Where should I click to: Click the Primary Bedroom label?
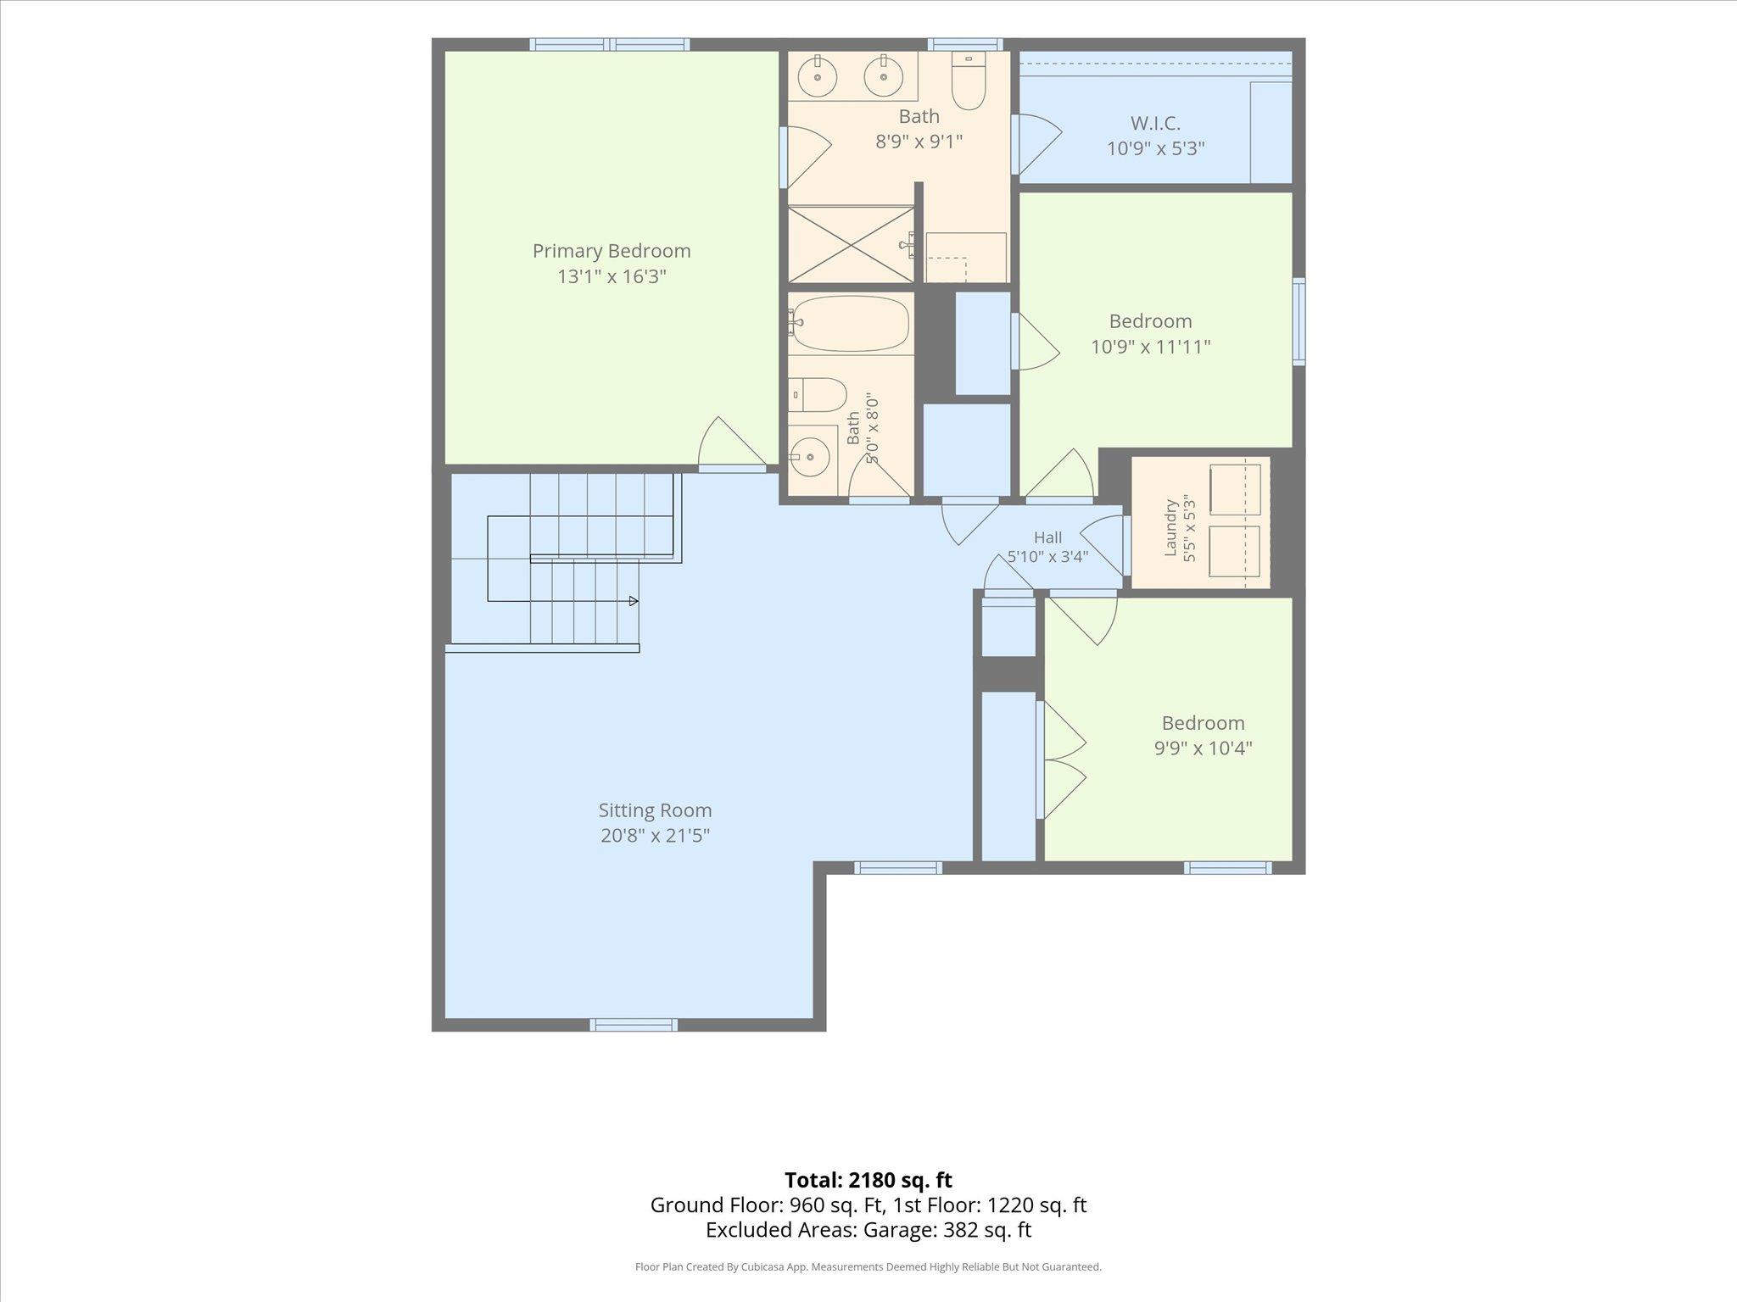coord(612,251)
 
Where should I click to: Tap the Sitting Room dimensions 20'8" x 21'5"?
coord(655,836)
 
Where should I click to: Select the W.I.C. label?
coord(1155,124)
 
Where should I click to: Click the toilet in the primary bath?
coord(968,80)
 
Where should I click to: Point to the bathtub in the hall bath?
coord(849,323)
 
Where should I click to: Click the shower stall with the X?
coord(851,244)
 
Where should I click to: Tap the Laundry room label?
coord(1171,527)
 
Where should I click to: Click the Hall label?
coord(1047,537)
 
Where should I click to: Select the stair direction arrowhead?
coord(634,601)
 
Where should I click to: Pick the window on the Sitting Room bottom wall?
coord(634,1025)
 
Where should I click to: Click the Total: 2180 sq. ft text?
coord(868,1180)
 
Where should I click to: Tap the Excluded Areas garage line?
coord(868,1230)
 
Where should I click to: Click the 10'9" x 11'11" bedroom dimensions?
coord(1150,347)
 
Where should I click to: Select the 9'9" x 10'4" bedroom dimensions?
coord(1203,748)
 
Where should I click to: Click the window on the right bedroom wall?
coord(1299,321)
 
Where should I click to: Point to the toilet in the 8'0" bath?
coord(818,395)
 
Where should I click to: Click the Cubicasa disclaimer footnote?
coord(868,1267)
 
